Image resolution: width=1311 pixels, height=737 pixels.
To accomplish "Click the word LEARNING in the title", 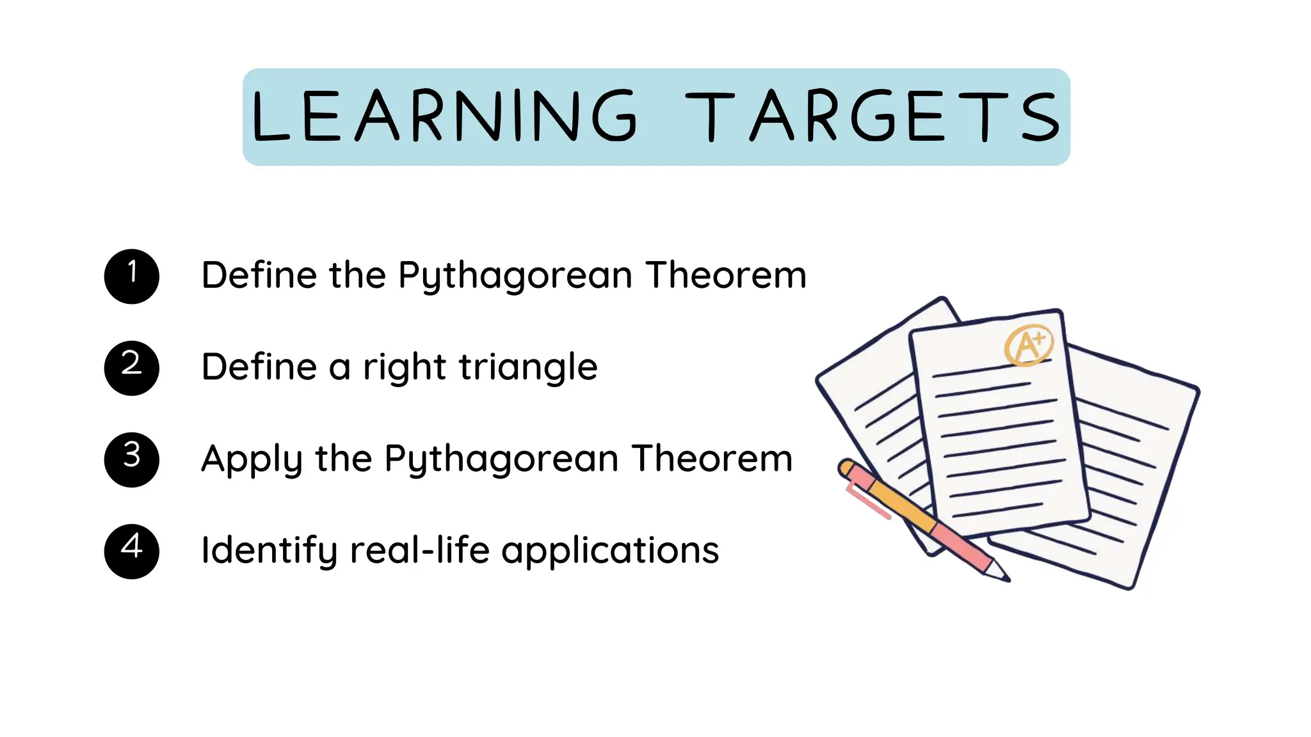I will [444, 116].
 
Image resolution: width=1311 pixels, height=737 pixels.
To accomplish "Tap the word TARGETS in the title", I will [873, 116].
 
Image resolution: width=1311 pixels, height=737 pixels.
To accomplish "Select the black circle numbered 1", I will [132, 276].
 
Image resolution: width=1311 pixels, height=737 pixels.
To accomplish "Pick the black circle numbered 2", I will [132, 368].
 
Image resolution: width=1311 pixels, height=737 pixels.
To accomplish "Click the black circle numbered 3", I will [132, 459].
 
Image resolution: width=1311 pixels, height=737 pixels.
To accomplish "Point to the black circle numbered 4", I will [132, 551].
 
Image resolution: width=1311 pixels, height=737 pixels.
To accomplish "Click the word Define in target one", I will [259, 275].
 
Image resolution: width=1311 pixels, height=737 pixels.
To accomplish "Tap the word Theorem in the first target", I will [726, 275].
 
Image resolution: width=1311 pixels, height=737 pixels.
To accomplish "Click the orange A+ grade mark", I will [1028, 346].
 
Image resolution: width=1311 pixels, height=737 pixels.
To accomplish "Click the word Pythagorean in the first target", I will [515, 275].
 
